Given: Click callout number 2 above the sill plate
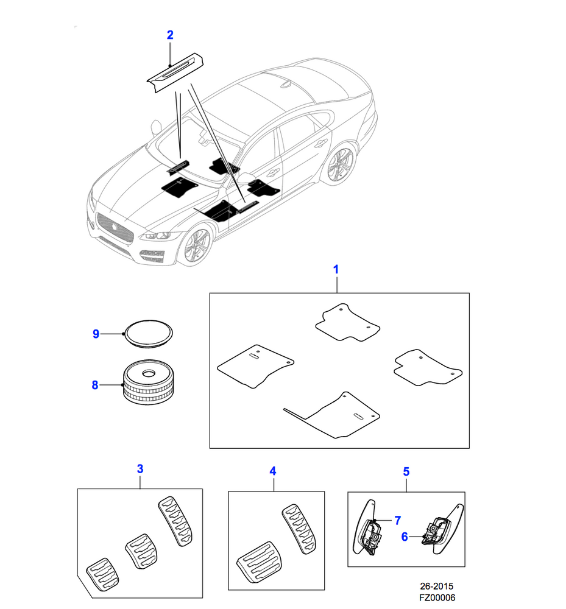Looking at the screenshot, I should pyautogui.click(x=170, y=35).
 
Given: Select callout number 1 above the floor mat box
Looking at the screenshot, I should pyautogui.click(x=336, y=269).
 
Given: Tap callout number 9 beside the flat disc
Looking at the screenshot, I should pyautogui.click(x=96, y=334).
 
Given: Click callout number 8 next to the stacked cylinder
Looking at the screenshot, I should pyautogui.click(x=95, y=385).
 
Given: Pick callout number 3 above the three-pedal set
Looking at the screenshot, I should pyautogui.click(x=140, y=469).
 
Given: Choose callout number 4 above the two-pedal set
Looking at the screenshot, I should pyautogui.click(x=273, y=471).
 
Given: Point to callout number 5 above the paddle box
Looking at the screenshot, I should pyautogui.click(x=406, y=471).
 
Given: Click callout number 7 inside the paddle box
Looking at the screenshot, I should pyautogui.click(x=397, y=520).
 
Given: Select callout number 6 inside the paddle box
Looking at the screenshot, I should pyautogui.click(x=404, y=537).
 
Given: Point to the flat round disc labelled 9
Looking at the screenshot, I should pyautogui.click(x=148, y=334).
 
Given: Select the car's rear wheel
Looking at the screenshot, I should pyautogui.click(x=339, y=165).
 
